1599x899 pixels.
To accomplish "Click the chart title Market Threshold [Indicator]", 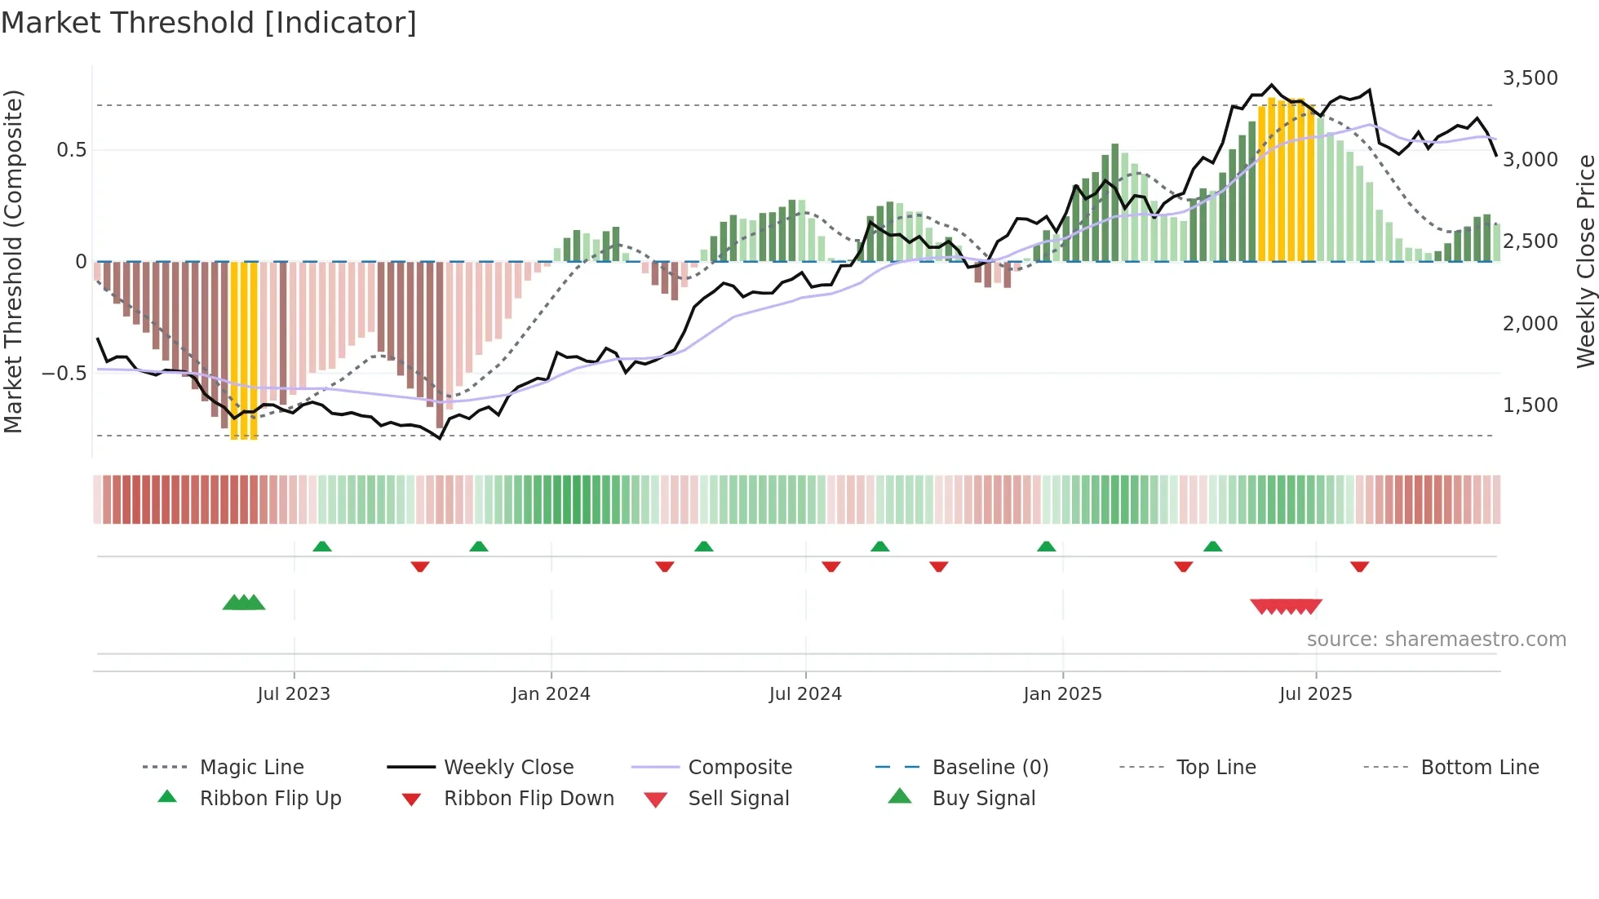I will pos(209,23).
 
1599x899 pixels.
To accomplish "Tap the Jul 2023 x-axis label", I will pos(294,694).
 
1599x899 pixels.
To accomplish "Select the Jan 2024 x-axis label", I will pos(551,694).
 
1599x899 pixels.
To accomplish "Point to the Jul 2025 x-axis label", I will pos(1315,694).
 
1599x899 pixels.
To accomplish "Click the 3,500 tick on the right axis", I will pos(1530,78).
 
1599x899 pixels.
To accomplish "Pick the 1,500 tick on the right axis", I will pos(1530,405).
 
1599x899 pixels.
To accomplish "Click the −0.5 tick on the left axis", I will pos(64,374).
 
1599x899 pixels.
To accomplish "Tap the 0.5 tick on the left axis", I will pos(71,150).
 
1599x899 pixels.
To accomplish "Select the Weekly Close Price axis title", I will pos(1585,261).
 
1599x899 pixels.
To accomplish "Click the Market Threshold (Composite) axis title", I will pos(13,261).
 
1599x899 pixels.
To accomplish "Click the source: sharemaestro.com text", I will pos(1436,640).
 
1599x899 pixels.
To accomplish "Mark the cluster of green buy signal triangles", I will pos(244,603).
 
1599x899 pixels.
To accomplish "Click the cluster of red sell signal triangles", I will pos(1286,606).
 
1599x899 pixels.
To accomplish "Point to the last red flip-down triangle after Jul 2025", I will pos(1359,566).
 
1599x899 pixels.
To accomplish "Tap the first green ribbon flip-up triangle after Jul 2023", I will pos(322,547).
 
